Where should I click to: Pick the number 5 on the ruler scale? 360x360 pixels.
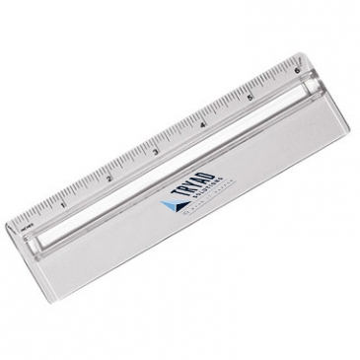(x=251, y=99)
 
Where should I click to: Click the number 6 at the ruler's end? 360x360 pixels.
(x=296, y=72)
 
